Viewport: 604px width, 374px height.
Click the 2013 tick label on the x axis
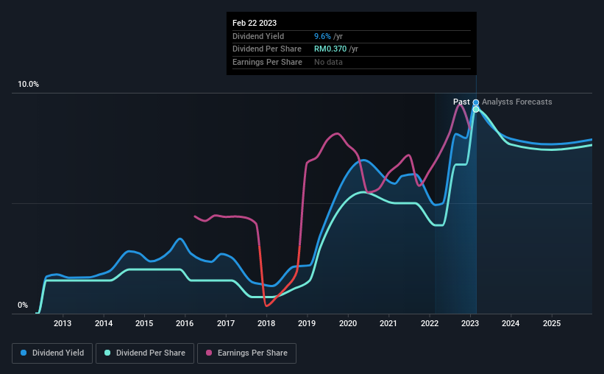63,323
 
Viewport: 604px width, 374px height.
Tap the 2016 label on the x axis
185,323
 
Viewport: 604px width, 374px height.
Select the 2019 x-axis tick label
307,323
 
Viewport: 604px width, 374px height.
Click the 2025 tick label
552,323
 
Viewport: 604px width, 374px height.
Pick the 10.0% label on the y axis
28,85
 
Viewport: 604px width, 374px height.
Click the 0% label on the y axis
23,305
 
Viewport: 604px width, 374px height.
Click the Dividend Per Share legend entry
149,353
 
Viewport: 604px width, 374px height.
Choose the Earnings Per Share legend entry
246,353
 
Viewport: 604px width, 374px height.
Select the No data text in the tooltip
328,63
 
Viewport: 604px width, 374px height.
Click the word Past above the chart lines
461,102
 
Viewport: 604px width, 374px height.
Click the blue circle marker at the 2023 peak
476,102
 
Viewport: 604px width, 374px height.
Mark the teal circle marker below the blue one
476,109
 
